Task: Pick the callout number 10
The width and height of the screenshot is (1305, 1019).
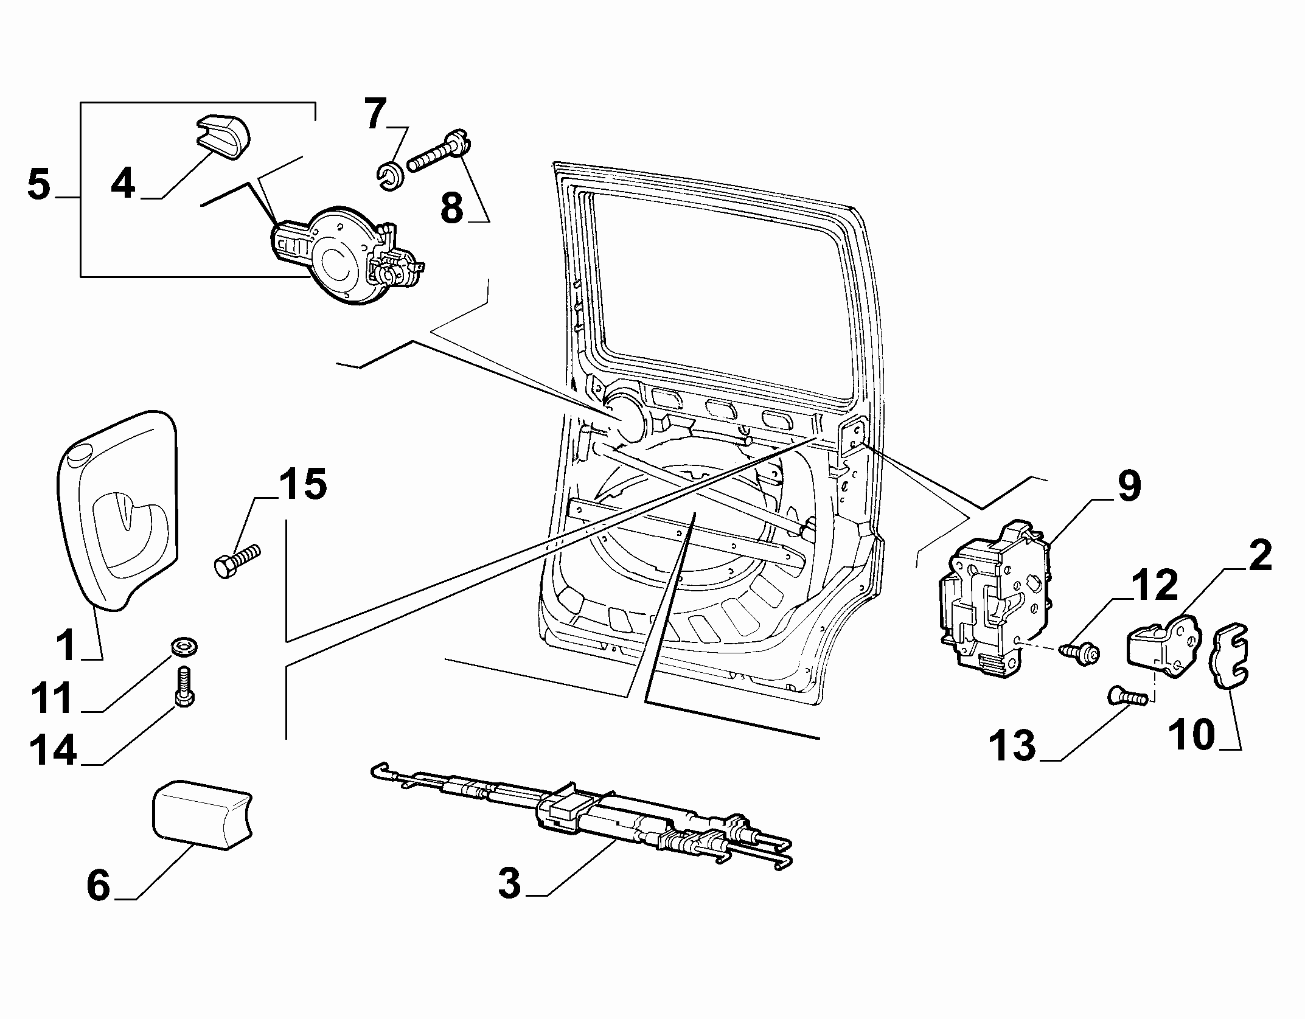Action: coord(1192,734)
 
